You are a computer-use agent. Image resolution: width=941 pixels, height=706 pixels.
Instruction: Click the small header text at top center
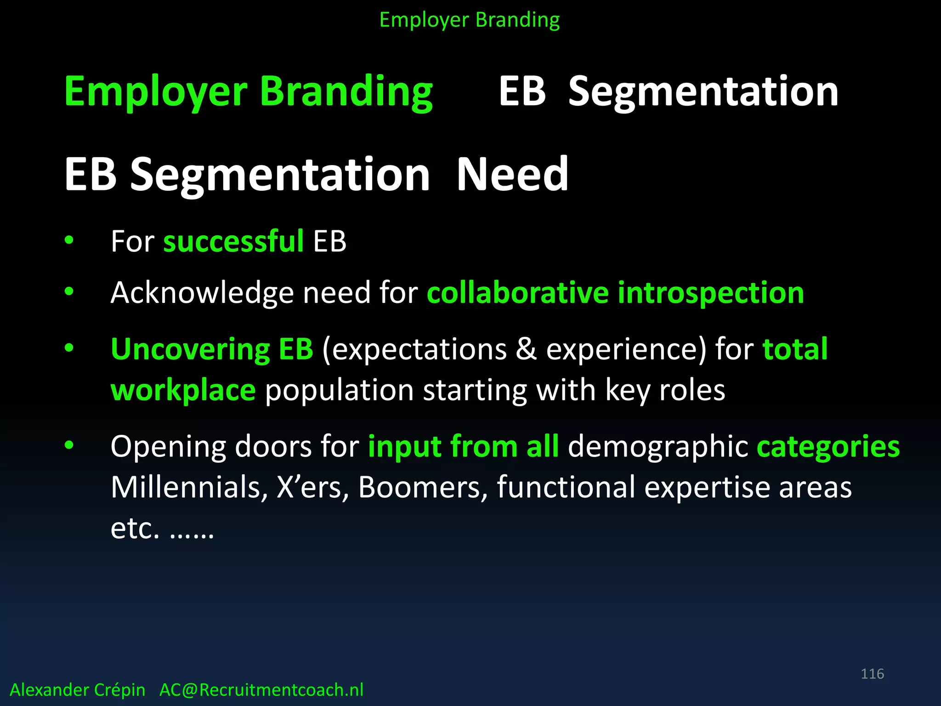[x=470, y=20]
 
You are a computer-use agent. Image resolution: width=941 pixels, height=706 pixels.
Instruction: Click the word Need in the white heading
[x=512, y=174]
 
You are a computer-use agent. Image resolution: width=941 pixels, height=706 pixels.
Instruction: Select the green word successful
[x=233, y=241]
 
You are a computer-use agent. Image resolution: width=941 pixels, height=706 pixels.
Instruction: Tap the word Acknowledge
[x=202, y=293]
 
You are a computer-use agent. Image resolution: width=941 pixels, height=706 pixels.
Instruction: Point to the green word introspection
[x=710, y=293]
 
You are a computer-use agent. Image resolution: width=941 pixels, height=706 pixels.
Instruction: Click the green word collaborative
[x=517, y=293]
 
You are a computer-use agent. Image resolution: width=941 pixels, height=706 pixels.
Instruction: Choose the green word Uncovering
[x=190, y=349]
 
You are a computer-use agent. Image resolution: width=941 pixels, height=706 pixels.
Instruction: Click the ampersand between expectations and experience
[x=526, y=349]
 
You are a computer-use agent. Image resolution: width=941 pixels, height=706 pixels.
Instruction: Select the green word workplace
[x=183, y=390]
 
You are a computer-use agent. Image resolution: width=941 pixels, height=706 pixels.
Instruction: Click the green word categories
[x=828, y=446]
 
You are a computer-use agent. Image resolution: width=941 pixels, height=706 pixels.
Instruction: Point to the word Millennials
[x=189, y=487]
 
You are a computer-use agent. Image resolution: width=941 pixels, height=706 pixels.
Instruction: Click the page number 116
[x=872, y=674]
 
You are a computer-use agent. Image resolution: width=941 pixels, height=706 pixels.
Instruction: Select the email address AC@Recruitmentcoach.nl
[x=261, y=690]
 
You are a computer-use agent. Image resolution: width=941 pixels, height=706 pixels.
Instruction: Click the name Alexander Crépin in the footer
[x=77, y=690]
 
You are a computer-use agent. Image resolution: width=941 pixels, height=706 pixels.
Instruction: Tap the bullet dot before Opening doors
[x=69, y=445]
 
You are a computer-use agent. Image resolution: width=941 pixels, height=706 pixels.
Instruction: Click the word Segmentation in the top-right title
[x=703, y=91]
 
